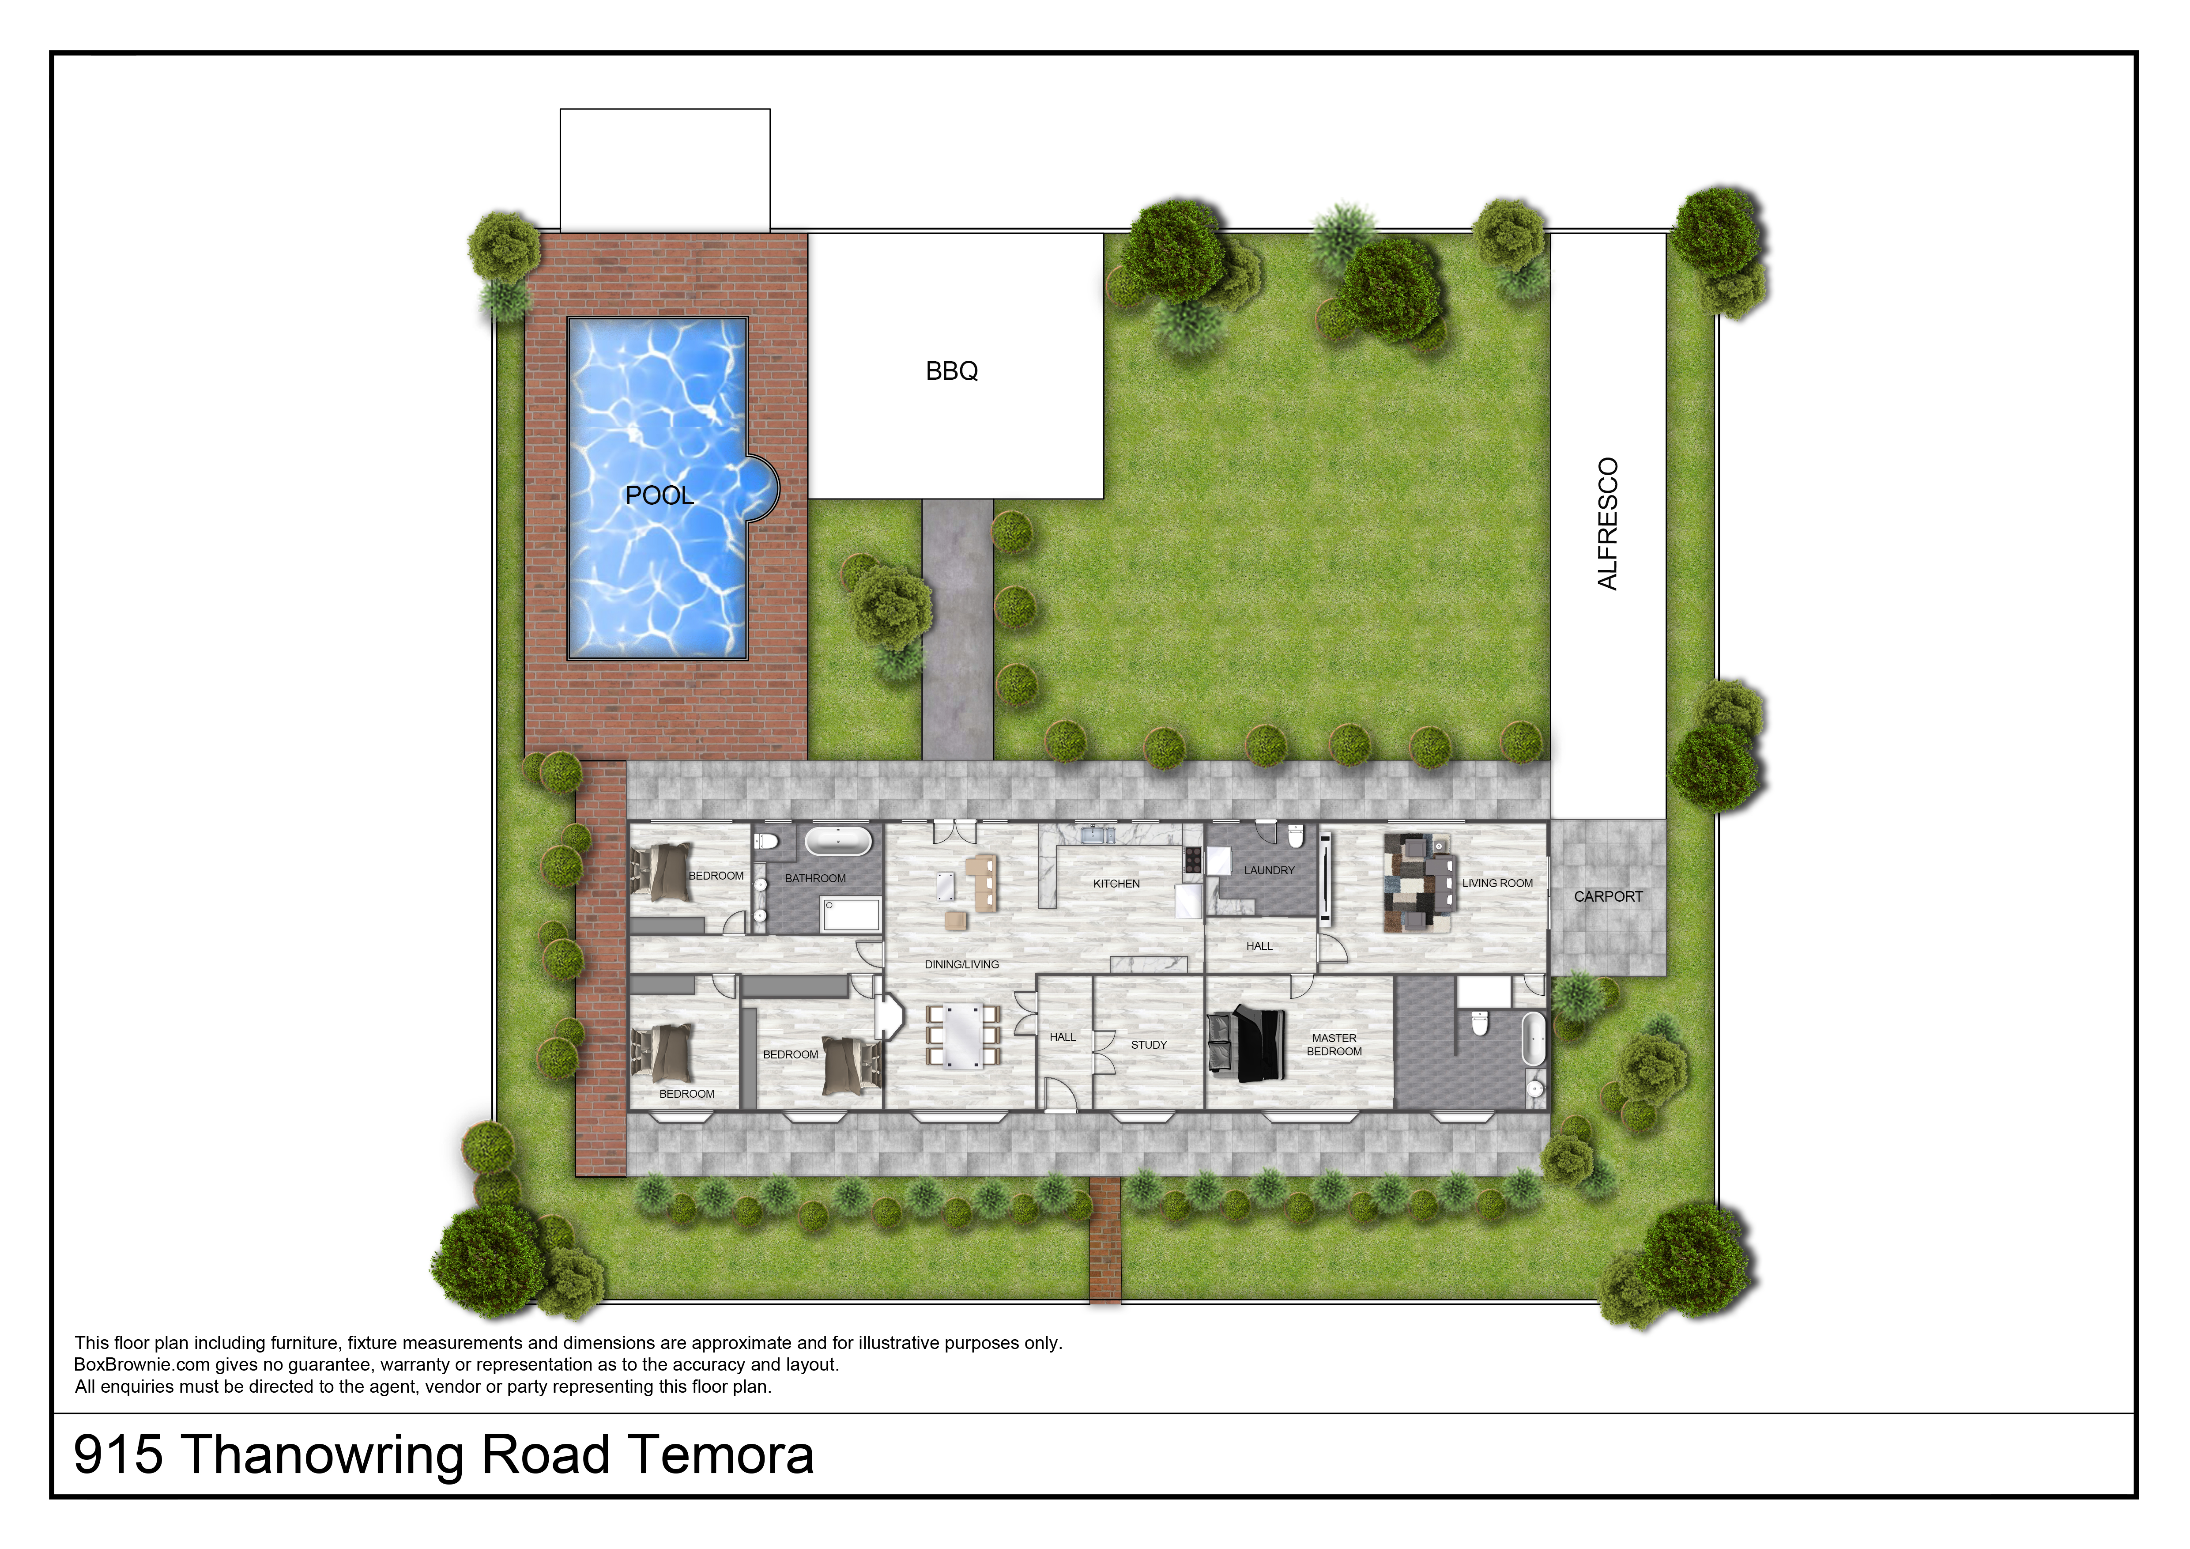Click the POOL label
point(659,495)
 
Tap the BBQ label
point(952,371)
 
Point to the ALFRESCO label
point(1608,524)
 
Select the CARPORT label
point(1608,896)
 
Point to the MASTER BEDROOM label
point(1334,1044)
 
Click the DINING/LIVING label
point(961,964)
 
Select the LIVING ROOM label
point(1497,883)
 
